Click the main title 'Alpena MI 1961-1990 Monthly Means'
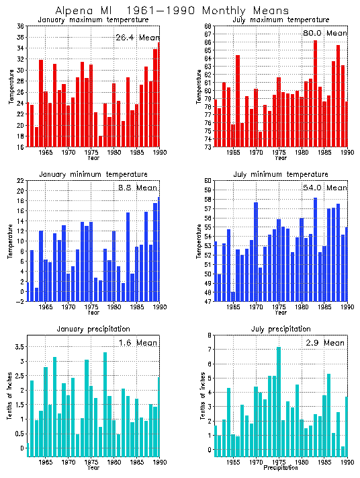click(172, 11)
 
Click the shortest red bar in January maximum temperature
click(101, 141)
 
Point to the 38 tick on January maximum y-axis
click(20, 26)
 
